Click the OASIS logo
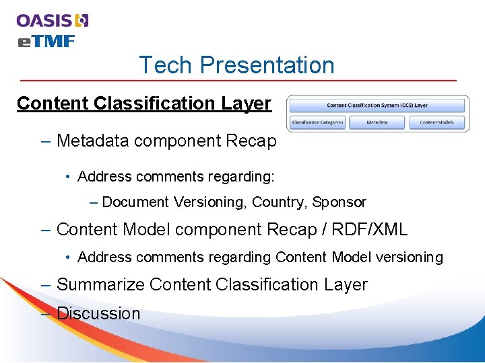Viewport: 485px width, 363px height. (x=53, y=20)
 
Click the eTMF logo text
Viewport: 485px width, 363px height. (x=46, y=42)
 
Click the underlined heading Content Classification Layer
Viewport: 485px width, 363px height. (x=144, y=104)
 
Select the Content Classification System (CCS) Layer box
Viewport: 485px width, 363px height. (x=377, y=106)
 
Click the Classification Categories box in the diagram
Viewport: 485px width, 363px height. (x=317, y=122)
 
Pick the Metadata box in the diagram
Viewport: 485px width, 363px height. (x=377, y=122)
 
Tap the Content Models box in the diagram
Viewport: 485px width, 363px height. (x=437, y=122)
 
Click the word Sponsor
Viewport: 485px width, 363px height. (x=339, y=202)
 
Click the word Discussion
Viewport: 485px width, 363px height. (x=98, y=313)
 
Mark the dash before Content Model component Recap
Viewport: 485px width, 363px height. (x=45, y=230)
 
